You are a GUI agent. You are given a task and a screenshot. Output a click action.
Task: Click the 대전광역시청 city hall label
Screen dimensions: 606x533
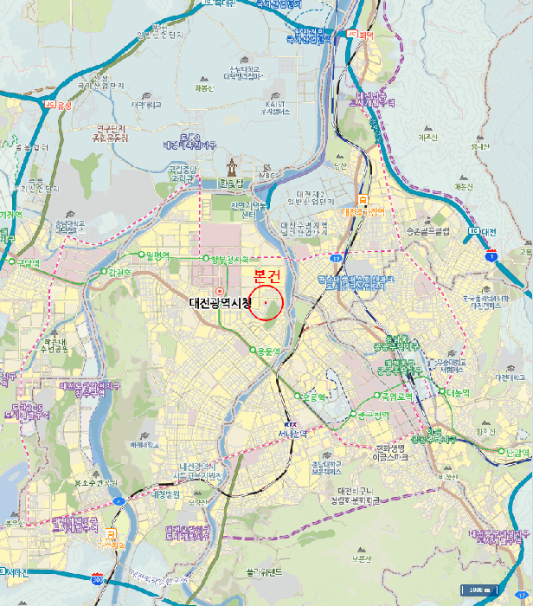click(220, 303)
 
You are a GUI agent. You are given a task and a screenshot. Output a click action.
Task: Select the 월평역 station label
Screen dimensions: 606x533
click(158, 255)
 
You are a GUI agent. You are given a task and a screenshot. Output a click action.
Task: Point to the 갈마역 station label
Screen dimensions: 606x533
click(120, 273)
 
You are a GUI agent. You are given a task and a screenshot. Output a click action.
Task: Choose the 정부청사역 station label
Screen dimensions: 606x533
click(229, 259)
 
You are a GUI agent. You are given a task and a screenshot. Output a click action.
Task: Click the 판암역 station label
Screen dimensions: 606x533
click(517, 450)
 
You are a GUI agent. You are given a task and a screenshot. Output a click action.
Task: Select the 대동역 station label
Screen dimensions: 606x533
click(458, 391)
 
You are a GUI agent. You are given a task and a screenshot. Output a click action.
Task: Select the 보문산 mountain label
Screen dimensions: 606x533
click(362, 558)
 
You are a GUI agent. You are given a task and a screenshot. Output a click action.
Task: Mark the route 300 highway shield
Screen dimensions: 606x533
click(98, 575)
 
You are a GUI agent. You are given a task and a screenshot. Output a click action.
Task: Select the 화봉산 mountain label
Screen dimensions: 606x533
click(204, 87)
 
